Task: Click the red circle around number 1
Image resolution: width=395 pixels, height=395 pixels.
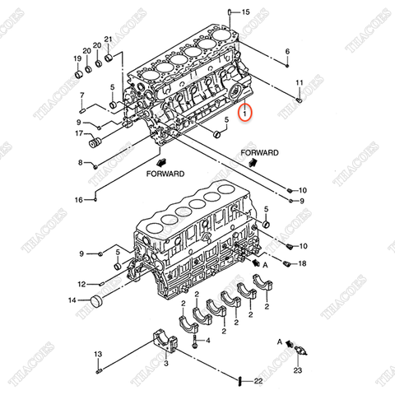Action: (x=245, y=111)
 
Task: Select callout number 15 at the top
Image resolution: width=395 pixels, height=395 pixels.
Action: (x=244, y=12)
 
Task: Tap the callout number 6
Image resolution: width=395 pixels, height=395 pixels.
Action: (x=287, y=53)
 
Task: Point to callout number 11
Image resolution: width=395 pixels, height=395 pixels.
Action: (x=300, y=83)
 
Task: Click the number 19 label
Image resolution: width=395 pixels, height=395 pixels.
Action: (x=77, y=58)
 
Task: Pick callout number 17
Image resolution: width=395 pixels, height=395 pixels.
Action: (x=80, y=133)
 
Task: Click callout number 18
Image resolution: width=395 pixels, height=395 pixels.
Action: (x=302, y=263)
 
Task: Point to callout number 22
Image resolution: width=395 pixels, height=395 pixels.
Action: (x=258, y=380)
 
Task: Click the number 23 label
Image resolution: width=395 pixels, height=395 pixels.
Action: (x=297, y=371)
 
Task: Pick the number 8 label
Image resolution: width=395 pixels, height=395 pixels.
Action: (x=81, y=162)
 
